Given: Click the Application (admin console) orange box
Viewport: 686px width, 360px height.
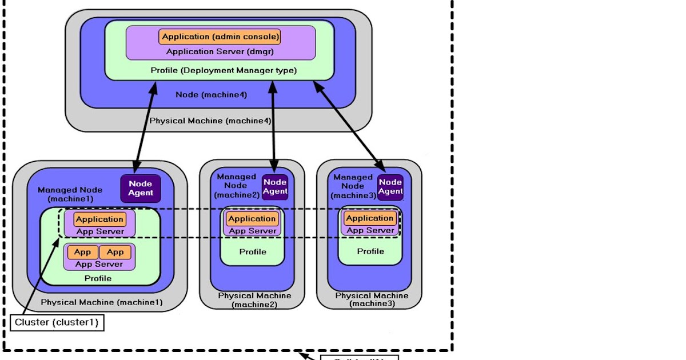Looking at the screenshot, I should click(220, 37).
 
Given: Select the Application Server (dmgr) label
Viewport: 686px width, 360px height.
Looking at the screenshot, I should click(220, 51).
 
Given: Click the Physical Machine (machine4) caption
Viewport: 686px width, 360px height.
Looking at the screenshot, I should click(210, 121).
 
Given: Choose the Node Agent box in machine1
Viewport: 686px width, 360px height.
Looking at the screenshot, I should click(141, 188).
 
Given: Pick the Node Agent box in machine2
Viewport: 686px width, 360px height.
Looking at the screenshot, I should click(275, 187).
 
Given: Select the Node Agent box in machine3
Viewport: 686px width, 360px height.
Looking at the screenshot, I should click(390, 187).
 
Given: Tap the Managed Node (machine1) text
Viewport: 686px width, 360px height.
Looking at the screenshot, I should click(70, 194).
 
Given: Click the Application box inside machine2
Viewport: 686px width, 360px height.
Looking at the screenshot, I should click(252, 218).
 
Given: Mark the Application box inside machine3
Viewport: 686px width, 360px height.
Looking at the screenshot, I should click(370, 218).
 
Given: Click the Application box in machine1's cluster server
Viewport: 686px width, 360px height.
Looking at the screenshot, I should click(99, 219).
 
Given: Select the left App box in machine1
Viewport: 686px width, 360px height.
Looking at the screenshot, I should click(83, 252).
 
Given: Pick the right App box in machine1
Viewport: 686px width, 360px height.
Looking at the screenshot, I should click(115, 252).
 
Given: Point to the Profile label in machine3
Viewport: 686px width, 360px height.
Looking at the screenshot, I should click(370, 251).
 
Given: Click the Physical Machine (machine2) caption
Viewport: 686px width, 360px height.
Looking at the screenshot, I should click(254, 300).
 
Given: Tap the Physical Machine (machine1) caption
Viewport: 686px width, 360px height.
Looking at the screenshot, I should click(102, 302).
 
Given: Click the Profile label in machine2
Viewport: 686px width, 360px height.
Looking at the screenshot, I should click(253, 251).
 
